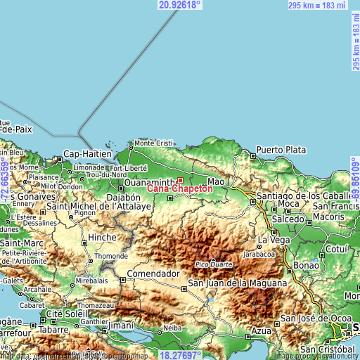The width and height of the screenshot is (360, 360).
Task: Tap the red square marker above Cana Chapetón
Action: pos(180,180)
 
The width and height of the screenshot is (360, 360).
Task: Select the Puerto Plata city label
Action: pos(281,150)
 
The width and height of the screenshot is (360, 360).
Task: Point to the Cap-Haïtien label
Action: pos(87,154)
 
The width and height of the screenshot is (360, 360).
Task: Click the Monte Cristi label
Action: pos(153,143)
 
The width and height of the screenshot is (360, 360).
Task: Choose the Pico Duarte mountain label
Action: pos(214,264)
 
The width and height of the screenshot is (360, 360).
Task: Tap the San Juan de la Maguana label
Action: pos(237,283)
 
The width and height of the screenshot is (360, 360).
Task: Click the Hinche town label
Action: pos(103,238)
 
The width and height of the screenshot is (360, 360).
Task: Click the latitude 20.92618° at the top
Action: pos(180,5)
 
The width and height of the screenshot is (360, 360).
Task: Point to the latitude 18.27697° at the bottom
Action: pos(180,355)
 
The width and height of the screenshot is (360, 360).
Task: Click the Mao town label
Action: pos(216,181)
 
